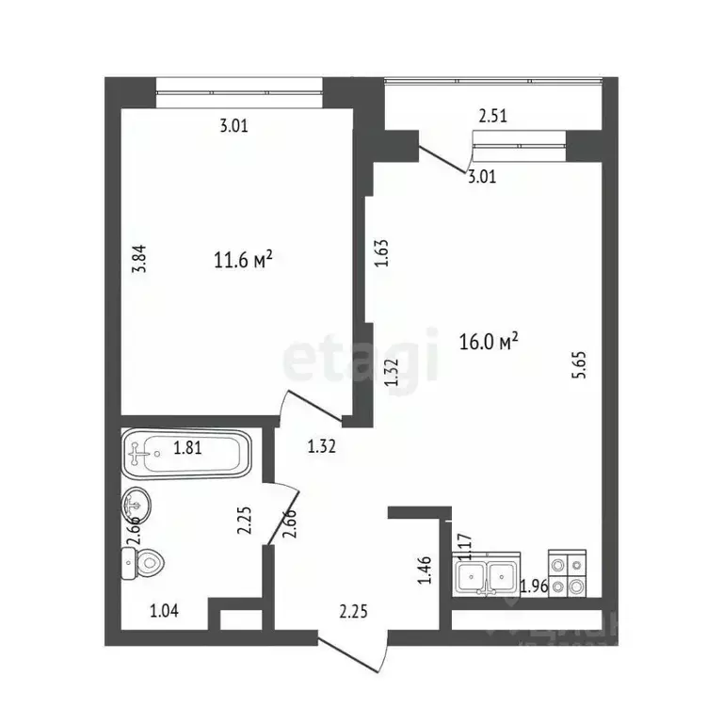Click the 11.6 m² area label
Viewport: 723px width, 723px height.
(243, 261)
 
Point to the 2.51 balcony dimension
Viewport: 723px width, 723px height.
(495, 118)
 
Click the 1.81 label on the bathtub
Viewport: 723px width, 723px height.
(187, 449)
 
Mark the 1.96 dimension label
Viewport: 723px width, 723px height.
(535, 588)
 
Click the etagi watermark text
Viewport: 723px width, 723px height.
(361, 357)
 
